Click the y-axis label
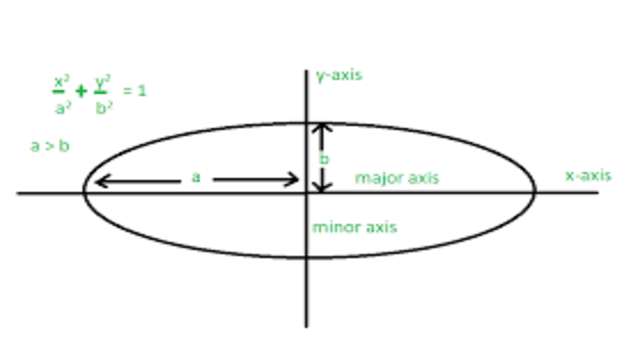(338, 75)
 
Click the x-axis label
(587, 175)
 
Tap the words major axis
(397, 178)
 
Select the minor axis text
(354, 227)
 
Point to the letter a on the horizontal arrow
(196, 177)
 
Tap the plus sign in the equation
(81, 92)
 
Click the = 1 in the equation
(135, 91)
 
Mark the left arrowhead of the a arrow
(99, 181)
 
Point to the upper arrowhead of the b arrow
(321, 128)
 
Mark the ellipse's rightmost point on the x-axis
(536, 191)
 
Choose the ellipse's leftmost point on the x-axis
(83, 191)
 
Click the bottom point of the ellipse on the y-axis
(306, 258)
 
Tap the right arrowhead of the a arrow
(295, 181)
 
